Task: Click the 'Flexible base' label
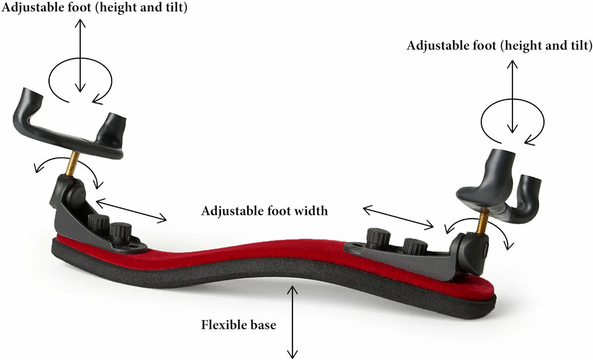pos(239,325)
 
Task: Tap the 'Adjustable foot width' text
pos(264,211)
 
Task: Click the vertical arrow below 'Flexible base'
pos(292,322)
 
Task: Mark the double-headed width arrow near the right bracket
pos(398,217)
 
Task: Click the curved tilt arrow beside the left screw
pos(66,159)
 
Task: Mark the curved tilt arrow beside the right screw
pos(479,220)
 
